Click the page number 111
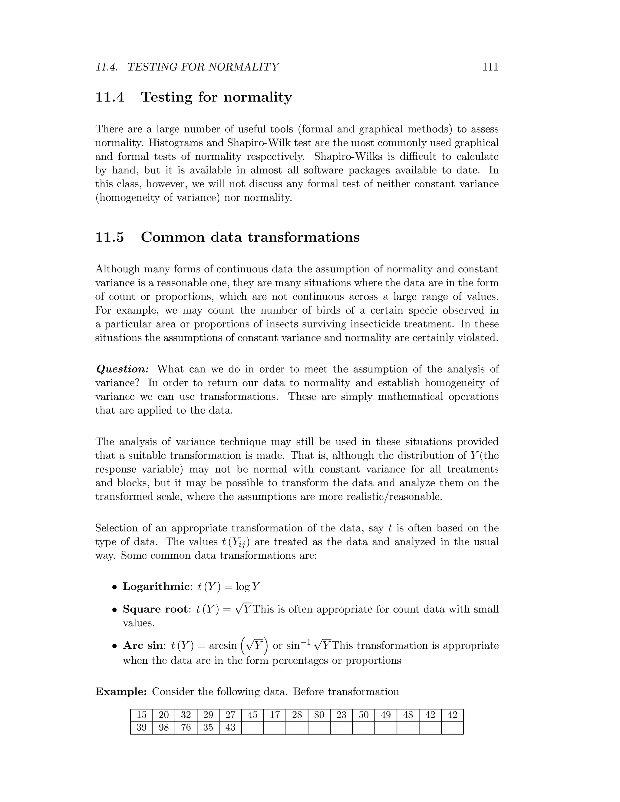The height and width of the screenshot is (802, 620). pyautogui.click(x=490, y=67)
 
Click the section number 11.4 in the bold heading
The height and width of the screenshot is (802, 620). pyautogui.click(x=110, y=97)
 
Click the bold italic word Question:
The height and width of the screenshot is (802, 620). pyautogui.click(x=122, y=369)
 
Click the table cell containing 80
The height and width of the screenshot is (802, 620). pyautogui.click(x=319, y=715)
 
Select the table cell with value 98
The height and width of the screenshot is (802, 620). pyautogui.click(x=164, y=728)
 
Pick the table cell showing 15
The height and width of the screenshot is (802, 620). pyautogui.click(x=141, y=715)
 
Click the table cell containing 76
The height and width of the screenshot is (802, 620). pyautogui.click(x=186, y=728)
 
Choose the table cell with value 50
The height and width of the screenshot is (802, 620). pyautogui.click(x=364, y=715)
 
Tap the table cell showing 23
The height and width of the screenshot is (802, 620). pyautogui.click(x=341, y=715)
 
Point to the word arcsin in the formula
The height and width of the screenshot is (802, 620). pyautogui.click(x=223, y=646)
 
